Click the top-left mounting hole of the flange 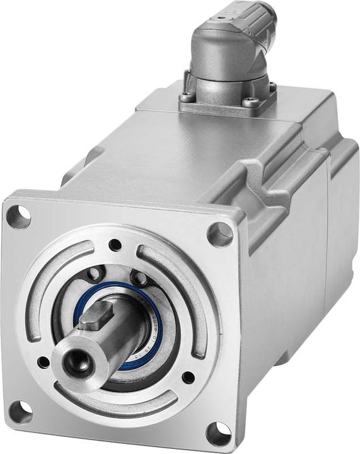(18, 216)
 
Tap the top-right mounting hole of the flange (219, 234)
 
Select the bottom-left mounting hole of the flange (20, 412)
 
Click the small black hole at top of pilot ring (115, 245)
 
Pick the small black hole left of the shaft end (43, 363)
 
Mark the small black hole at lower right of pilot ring (188, 378)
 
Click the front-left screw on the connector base (187, 98)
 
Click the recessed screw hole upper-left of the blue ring (95, 274)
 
